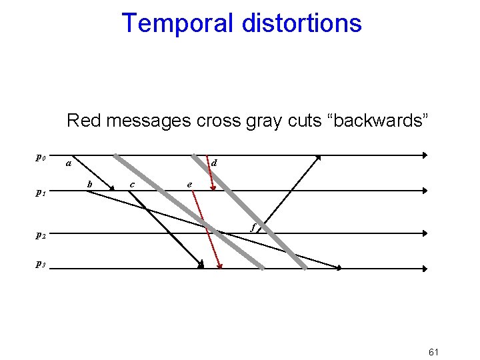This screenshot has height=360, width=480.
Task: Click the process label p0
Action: point(41,158)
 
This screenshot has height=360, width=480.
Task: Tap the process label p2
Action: point(41,235)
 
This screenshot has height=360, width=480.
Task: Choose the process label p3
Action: point(41,264)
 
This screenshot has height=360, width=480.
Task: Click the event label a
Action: point(68,163)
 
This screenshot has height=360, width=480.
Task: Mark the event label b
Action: point(90,183)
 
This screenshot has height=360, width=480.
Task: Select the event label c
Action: point(132,184)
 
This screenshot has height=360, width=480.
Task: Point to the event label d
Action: point(213,163)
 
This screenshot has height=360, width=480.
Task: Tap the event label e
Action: point(190,184)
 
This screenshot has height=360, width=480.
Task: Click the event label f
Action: point(253,227)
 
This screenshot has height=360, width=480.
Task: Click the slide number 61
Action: point(433,351)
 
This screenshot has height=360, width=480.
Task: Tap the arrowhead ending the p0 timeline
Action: point(424,155)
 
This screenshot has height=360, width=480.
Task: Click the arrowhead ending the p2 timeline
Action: point(424,233)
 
